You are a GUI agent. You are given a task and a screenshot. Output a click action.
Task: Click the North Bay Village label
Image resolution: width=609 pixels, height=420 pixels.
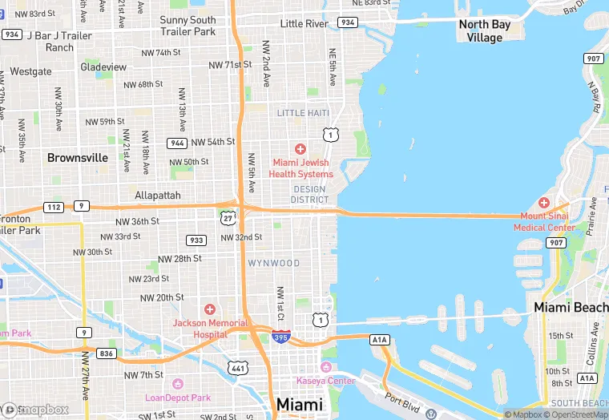pyautogui.click(x=484, y=31)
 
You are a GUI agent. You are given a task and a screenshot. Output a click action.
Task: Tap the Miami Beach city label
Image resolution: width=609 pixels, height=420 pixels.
pyautogui.click(x=571, y=308)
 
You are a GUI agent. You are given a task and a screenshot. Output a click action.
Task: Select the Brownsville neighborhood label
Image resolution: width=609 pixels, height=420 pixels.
pyautogui.click(x=78, y=158)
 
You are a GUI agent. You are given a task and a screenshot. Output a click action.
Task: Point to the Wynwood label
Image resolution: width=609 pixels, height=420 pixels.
pyautogui.click(x=273, y=263)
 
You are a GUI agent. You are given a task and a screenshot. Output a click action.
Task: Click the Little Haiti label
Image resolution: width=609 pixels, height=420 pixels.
pyautogui.click(x=303, y=113)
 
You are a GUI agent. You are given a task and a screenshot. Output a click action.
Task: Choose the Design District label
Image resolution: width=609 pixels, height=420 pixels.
pyautogui.click(x=309, y=194)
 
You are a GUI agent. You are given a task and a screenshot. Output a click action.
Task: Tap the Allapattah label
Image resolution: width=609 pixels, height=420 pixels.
pyautogui.click(x=158, y=195)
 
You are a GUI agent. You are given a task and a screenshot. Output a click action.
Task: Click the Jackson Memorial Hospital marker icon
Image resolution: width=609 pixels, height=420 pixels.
pyautogui.click(x=210, y=309)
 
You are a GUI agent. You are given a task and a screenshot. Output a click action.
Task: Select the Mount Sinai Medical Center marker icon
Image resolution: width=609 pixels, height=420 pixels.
pyautogui.click(x=544, y=203)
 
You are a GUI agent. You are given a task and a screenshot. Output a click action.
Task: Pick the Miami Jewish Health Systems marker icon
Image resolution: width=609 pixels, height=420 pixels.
pyautogui.click(x=300, y=149)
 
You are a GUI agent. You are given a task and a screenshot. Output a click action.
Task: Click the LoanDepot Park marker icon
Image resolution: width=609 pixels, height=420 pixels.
pyautogui.click(x=178, y=385)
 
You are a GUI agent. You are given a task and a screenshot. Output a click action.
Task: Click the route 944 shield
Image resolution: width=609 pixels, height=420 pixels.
pyautogui.click(x=177, y=143)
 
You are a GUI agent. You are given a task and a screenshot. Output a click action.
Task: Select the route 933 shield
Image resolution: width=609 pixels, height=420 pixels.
pyautogui.click(x=196, y=240)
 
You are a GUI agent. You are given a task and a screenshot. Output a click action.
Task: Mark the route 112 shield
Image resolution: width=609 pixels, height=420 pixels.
pyautogui.click(x=54, y=206)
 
